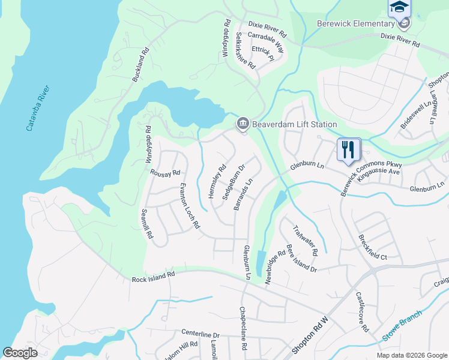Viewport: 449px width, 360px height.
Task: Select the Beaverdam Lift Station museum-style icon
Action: click(x=243, y=124)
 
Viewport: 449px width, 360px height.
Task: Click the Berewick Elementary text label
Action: click(x=355, y=23)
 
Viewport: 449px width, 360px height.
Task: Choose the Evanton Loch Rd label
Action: click(x=190, y=206)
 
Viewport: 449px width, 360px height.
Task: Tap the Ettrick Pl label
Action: click(x=263, y=53)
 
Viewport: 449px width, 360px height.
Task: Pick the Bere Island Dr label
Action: click(x=301, y=259)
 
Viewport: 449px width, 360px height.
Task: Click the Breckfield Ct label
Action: click(x=372, y=247)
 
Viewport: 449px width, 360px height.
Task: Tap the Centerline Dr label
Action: click(x=200, y=333)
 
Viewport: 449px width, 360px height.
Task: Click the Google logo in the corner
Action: click(x=20, y=353)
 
